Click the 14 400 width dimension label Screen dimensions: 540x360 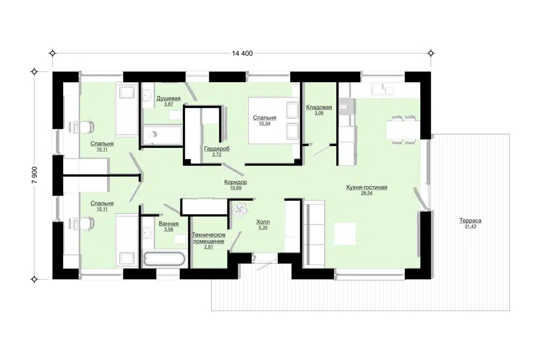pyautogui.click(x=242, y=53)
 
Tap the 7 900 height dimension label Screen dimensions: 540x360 pyautogui.click(x=34, y=175)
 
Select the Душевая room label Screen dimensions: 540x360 pyautogui.click(x=168, y=98)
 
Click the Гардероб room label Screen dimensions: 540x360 pyautogui.click(x=217, y=149)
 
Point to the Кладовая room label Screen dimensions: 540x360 pyautogui.click(x=319, y=107)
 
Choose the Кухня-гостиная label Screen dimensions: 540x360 pyautogui.click(x=367, y=187)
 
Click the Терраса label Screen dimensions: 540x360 pyautogui.click(x=470, y=221)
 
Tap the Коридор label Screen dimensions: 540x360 pyautogui.click(x=236, y=182)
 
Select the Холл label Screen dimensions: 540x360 pyautogui.click(x=263, y=222)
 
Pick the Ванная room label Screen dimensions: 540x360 pyautogui.click(x=168, y=224)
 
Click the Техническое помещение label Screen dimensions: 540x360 pyautogui.click(x=209, y=238)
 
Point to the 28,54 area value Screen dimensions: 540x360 pyautogui.click(x=367, y=193)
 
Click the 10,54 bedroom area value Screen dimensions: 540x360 pyautogui.click(x=264, y=123)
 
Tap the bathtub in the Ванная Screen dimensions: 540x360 pyautogui.click(x=164, y=259)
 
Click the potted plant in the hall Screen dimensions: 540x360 pyautogui.click(x=240, y=209)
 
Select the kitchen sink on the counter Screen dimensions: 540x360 pyautogui.click(x=382, y=89)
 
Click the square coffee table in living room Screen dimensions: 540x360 pyautogui.click(x=345, y=234)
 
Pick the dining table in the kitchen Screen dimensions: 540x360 pyautogui.click(x=403, y=129)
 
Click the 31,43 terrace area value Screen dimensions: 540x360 pyautogui.click(x=470, y=226)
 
